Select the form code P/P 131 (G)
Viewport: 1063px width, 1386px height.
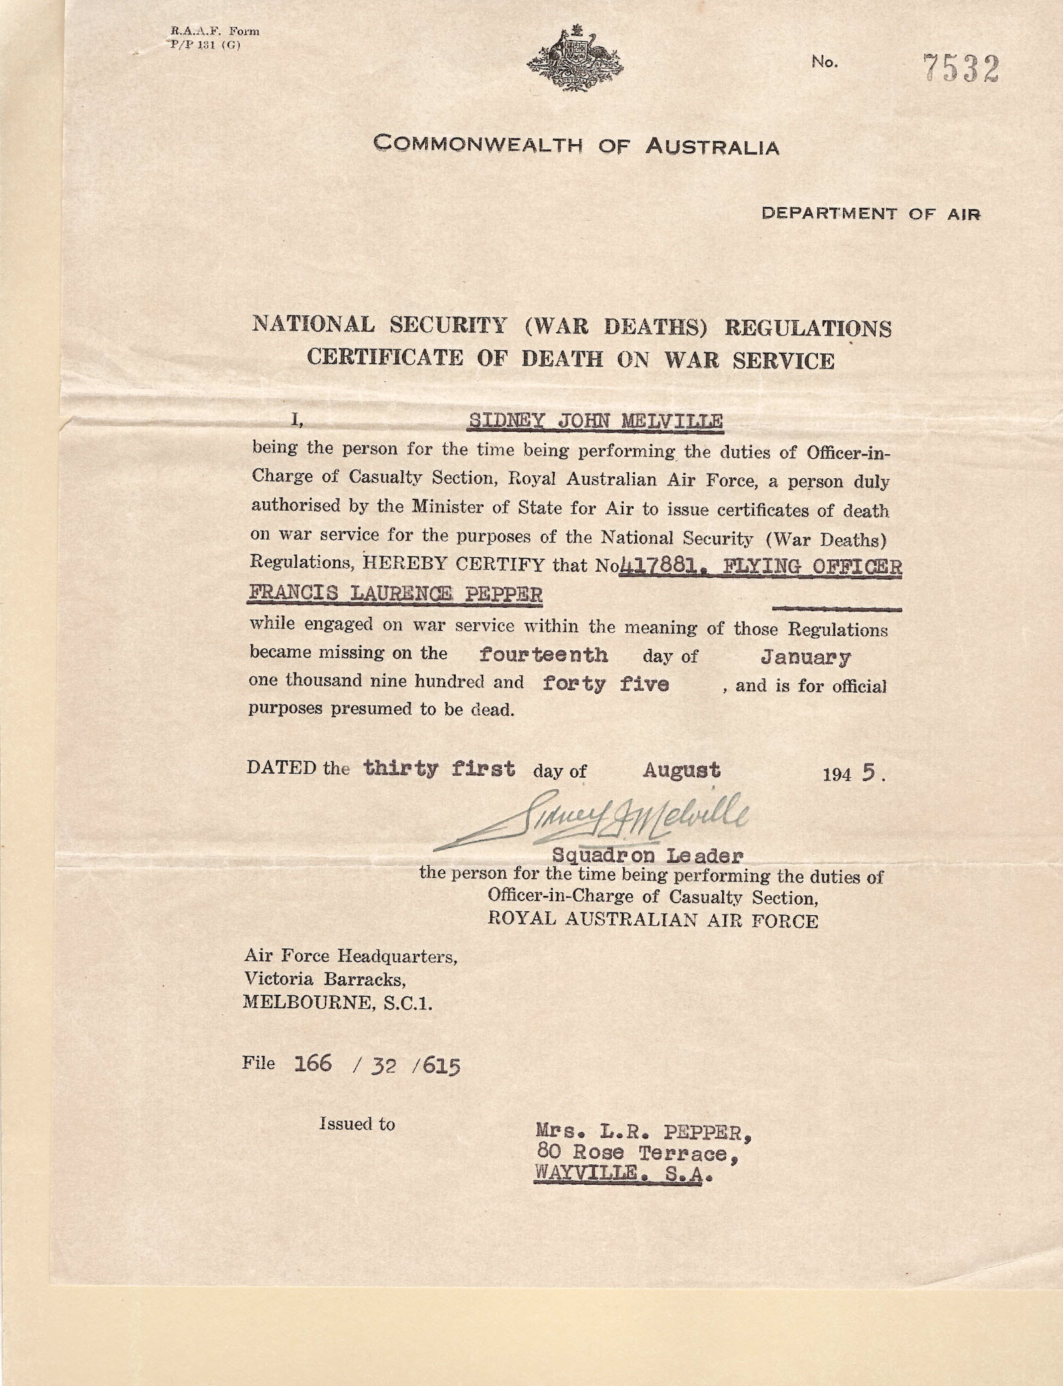point(201,45)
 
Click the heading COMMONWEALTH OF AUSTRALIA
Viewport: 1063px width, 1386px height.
point(576,144)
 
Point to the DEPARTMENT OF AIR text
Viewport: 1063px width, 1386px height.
point(870,214)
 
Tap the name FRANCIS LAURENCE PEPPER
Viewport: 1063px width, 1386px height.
point(395,594)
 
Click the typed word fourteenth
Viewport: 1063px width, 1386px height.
point(543,654)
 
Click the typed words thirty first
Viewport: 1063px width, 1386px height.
point(438,768)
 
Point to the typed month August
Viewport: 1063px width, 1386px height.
point(681,770)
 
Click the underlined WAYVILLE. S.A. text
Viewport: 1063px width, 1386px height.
point(624,1177)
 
